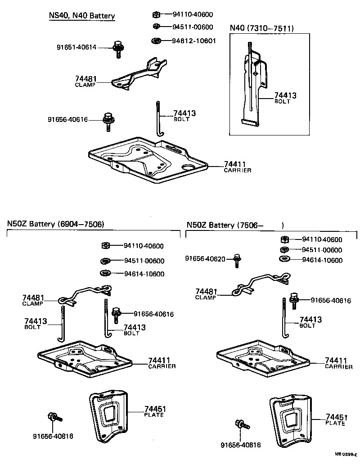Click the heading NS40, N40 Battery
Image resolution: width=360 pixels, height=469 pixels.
82,16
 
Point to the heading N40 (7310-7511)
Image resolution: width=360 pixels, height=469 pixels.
262,28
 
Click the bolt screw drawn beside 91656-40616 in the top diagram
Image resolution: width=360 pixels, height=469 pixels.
108,121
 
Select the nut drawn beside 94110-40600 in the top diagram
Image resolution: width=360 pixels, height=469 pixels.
155,14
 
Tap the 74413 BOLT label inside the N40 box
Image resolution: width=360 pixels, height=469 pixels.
285,98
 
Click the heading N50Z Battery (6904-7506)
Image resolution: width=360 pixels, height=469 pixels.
55,224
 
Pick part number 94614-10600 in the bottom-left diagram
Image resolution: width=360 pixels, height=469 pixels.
144,274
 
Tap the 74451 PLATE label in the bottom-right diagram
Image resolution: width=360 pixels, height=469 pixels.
335,419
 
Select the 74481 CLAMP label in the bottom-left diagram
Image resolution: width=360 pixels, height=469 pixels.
33,300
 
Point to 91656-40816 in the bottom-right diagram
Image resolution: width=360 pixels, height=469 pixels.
241,445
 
